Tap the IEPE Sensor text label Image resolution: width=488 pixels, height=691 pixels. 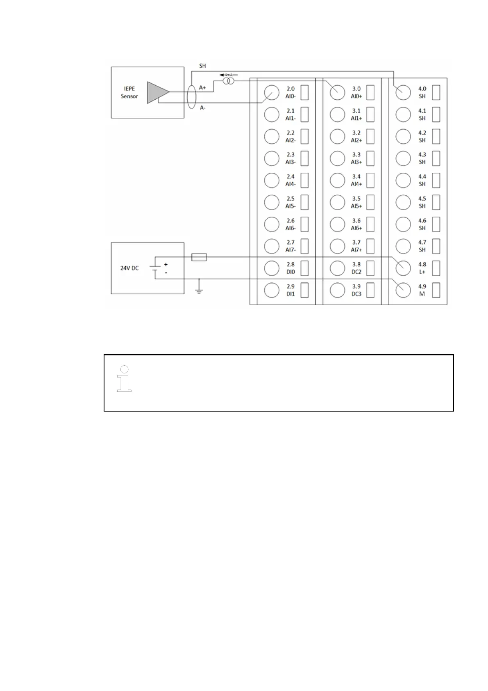(x=129, y=92)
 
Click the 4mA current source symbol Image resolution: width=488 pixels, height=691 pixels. (x=227, y=81)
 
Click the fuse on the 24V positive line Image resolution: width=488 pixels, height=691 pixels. (x=199, y=257)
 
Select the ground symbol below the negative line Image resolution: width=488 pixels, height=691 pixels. (x=199, y=290)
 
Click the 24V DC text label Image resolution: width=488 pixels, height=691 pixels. (x=129, y=268)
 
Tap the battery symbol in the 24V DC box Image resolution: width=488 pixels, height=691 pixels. (x=155, y=268)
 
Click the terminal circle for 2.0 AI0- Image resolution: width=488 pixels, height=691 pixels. (x=272, y=92)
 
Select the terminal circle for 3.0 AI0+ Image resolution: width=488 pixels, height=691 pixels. (x=337, y=92)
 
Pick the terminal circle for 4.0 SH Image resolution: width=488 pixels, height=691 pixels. (x=403, y=92)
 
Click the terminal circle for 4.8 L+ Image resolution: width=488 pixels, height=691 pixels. (x=403, y=268)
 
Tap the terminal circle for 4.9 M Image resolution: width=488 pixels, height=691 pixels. (x=403, y=290)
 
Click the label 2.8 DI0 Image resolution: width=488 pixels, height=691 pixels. (x=291, y=268)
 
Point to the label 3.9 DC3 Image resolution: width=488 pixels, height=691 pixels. (x=356, y=290)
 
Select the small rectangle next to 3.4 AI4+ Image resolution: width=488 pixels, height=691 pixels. (x=370, y=180)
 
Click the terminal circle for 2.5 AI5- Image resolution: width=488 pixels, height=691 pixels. (x=272, y=202)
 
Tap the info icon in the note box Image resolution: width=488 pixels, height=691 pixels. (x=125, y=378)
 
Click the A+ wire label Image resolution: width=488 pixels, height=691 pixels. (x=202, y=87)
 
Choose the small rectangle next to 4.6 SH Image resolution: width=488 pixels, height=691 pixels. (x=436, y=224)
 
